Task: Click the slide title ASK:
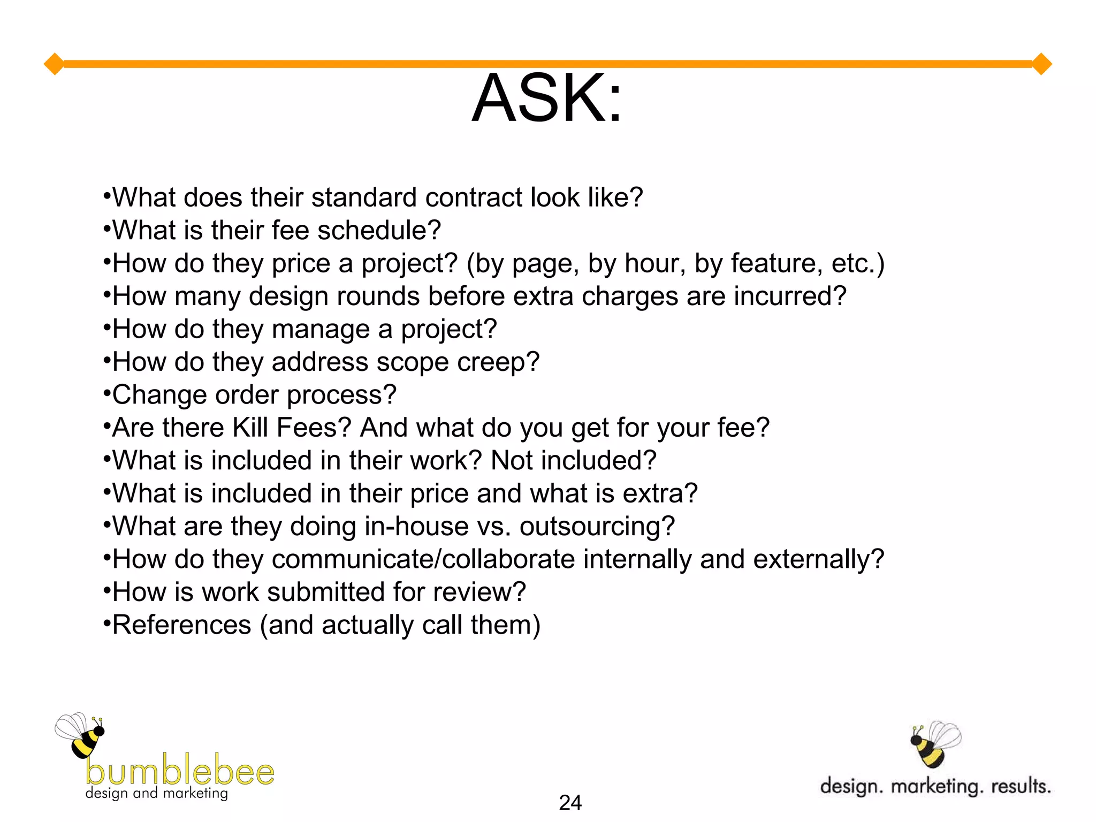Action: [547, 98]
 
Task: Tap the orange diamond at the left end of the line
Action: [54, 64]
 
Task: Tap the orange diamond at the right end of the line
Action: [1041, 64]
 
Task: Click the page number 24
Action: [570, 803]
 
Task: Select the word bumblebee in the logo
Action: [180, 771]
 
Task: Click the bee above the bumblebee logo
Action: [81, 735]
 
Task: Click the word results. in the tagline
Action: [1021, 786]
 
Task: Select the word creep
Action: [498, 362]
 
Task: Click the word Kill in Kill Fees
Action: [250, 428]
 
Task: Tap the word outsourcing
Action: [597, 527]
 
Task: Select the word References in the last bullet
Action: [182, 625]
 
